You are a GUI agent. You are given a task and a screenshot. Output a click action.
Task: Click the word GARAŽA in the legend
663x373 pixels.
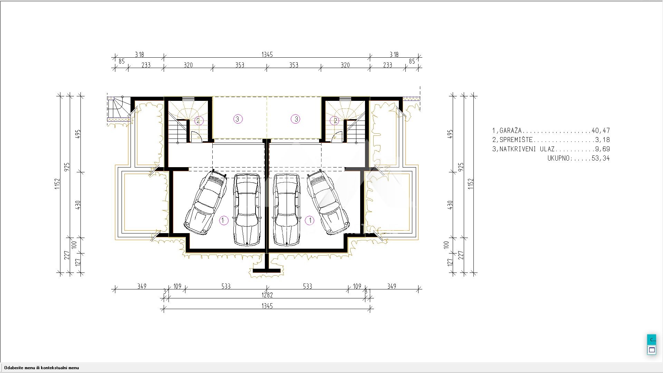511,131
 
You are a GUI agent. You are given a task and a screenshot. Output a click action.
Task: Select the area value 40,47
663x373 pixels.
601,131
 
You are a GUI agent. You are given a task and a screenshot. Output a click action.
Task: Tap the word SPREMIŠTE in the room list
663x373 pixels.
516,140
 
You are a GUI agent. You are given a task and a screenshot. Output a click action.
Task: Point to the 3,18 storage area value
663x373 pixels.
603,140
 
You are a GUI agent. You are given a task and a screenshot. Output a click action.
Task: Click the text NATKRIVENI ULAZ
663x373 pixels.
527,149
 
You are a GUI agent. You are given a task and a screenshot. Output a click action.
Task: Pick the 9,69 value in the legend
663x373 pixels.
603,149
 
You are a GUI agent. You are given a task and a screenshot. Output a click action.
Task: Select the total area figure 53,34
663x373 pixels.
601,159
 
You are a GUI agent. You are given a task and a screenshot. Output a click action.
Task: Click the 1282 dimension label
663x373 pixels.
267,295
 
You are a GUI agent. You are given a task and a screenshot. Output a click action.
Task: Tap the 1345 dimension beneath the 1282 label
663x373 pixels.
267,306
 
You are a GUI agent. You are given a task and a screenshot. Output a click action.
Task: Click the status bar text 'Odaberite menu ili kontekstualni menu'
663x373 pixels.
41,368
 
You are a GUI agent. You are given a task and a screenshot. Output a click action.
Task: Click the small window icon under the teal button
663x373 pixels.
652,350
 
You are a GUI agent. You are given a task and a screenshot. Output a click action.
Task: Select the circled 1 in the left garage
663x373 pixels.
224,220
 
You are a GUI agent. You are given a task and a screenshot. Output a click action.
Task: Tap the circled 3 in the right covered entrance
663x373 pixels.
296,119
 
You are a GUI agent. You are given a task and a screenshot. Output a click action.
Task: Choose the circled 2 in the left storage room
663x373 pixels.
198,121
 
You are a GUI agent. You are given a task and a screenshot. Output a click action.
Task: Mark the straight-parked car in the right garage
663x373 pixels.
286,210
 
